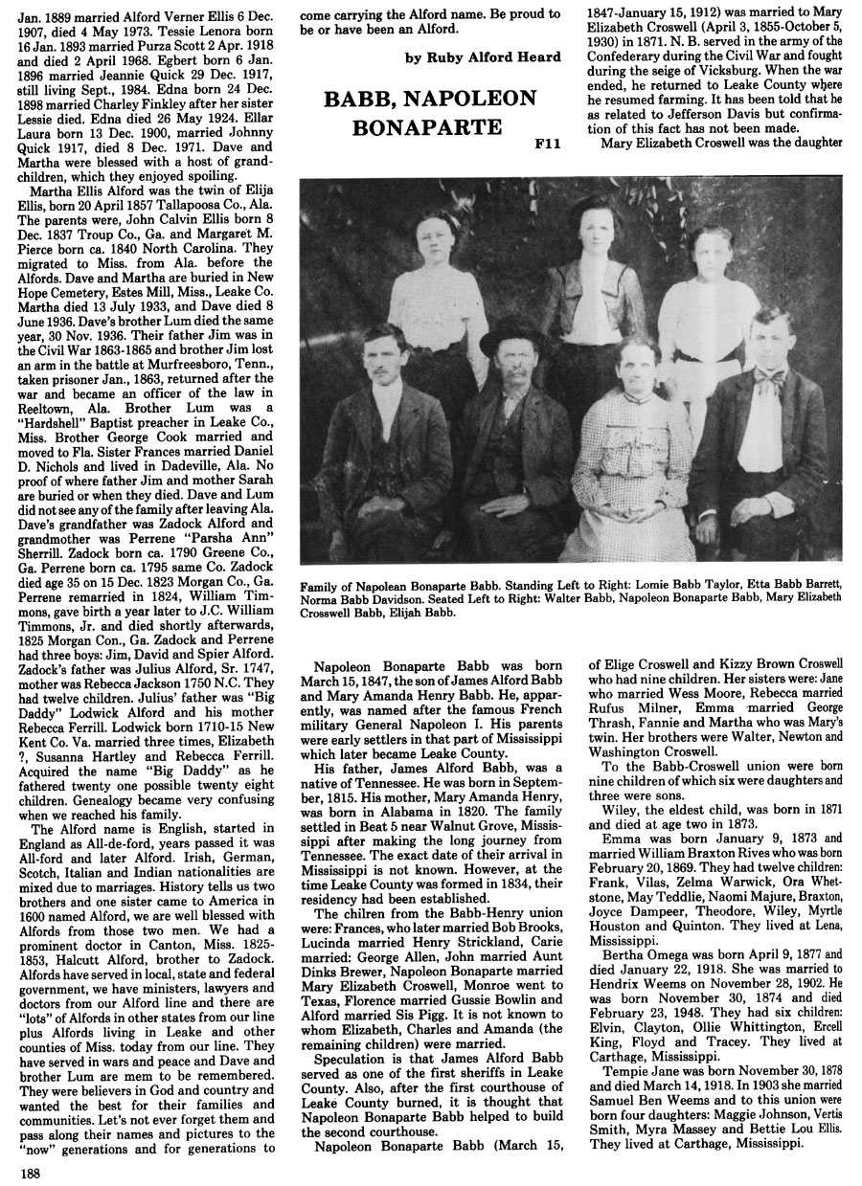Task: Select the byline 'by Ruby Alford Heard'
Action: tap(482, 58)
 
